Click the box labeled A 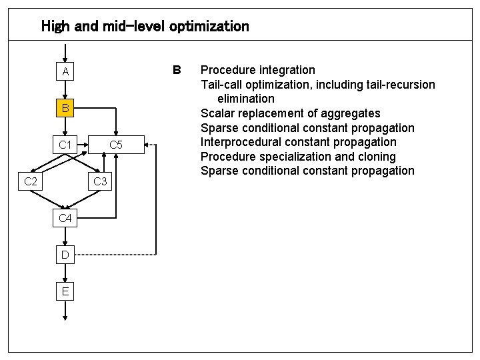(65, 71)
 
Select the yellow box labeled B (65, 108)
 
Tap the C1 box (65, 144)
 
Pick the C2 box (31, 181)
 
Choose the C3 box (100, 181)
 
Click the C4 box (65, 218)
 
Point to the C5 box (115, 144)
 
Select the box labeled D (65, 255)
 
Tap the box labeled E (65, 291)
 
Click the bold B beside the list (177, 70)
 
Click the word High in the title (55, 27)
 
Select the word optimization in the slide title (209, 27)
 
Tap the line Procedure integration (258, 70)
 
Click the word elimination (245, 99)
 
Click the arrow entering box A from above (65, 52)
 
